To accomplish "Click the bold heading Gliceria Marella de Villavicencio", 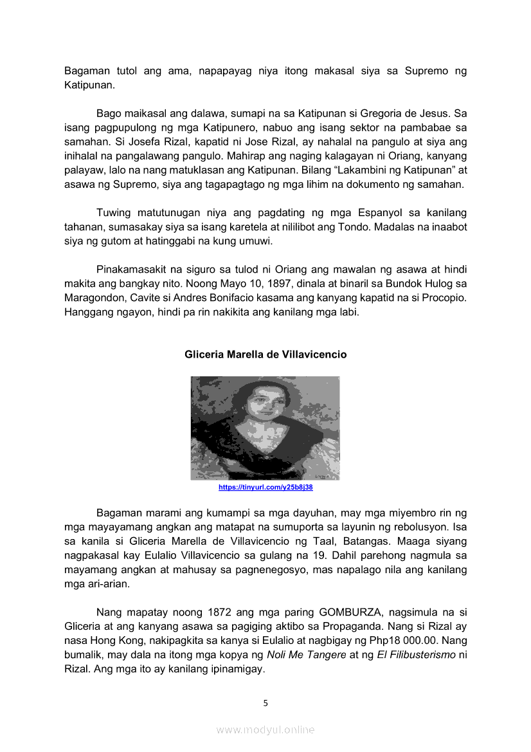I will click(x=265, y=354).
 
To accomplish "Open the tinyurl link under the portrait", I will click(x=265, y=488).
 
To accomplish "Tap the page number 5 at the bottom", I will click(x=265, y=702).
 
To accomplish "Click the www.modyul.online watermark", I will click(x=265, y=729).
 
